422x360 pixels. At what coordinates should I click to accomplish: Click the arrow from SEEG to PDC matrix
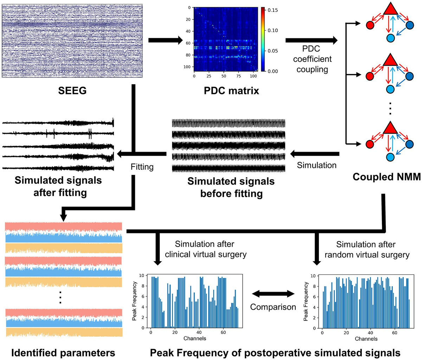(165, 41)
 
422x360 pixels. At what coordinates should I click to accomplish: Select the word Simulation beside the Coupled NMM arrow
(316, 165)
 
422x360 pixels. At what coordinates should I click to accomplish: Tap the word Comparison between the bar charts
(273, 307)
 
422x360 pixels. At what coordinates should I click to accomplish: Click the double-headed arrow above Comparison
(273, 293)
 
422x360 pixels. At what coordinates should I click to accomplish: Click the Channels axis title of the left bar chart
(194, 339)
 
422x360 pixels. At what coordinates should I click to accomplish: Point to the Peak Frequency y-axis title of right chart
(306, 301)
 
